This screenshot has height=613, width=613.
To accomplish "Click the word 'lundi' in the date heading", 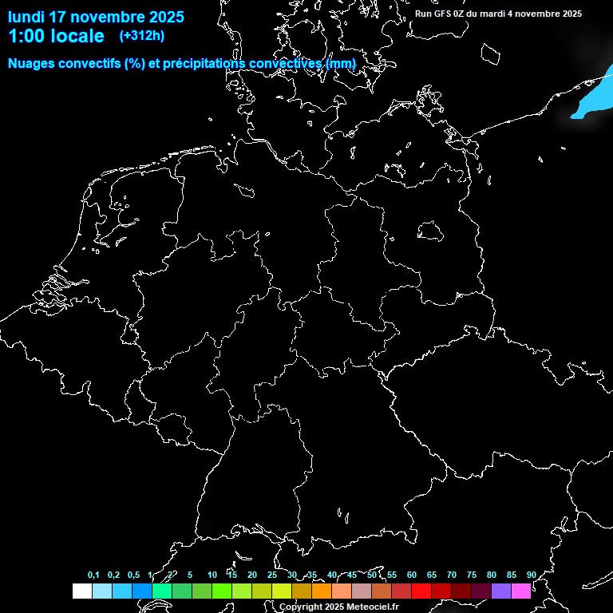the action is pyautogui.click(x=26, y=17).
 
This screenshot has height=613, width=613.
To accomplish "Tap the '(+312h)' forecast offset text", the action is pyautogui.click(x=142, y=36).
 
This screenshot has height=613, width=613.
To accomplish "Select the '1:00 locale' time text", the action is pyautogui.click(x=56, y=36).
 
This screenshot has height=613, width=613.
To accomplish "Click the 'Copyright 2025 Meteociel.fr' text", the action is pyautogui.click(x=338, y=607).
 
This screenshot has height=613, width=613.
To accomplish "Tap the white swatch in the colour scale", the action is pyautogui.click(x=81, y=591).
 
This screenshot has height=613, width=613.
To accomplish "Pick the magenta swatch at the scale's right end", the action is pyautogui.click(x=521, y=591).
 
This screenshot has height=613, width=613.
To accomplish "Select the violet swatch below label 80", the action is pyautogui.click(x=501, y=591).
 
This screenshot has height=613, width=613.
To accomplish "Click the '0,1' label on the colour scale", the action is pyautogui.click(x=93, y=575).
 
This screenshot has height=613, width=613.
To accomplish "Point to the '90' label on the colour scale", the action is pyautogui.click(x=531, y=575).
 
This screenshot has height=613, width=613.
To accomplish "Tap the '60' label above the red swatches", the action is pyautogui.click(x=411, y=575).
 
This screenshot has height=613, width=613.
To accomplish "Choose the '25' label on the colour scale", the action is pyautogui.click(x=271, y=575).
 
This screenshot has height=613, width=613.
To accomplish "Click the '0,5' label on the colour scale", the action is pyautogui.click(x=133, y=575).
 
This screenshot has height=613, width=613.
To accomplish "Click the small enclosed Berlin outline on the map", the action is pyautogui.click(x=430, y=231).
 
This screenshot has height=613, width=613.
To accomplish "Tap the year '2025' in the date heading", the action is pyautogui.click(x=161, y=17).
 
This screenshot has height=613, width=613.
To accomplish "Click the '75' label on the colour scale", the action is pyautogui.click(x=471, y=575).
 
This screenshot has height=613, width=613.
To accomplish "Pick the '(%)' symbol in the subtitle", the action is pyautogui.click(x=135, y=63).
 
